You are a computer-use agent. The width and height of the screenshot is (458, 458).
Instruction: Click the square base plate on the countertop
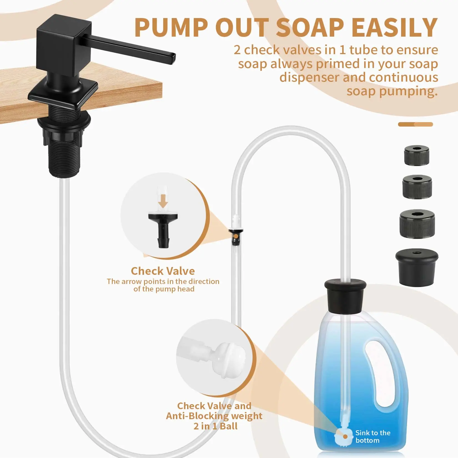63,94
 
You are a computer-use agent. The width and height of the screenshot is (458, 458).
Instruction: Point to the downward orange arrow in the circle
163,201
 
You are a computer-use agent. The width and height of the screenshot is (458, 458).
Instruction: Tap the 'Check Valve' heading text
163,271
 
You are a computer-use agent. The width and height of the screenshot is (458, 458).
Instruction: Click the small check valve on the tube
236,236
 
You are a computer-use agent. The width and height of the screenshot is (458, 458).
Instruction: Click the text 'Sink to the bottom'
373,436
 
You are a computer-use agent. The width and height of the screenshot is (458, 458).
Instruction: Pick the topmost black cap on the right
417,156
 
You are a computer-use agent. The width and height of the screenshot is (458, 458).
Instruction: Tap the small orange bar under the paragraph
415,124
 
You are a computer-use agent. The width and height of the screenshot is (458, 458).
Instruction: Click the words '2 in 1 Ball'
215,426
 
